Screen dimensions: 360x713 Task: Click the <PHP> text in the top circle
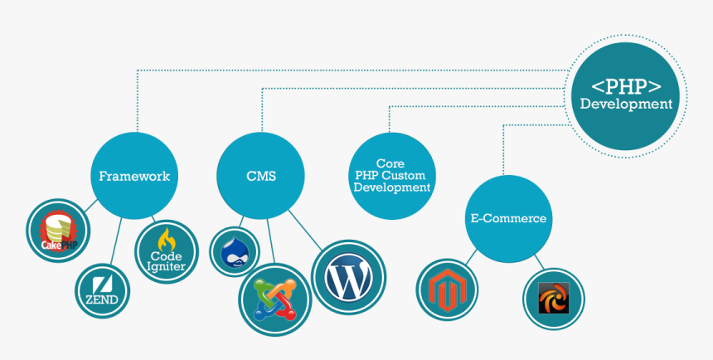[626, 85]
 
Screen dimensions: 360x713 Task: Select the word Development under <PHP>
[626, 105]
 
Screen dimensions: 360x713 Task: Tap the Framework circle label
[134, 176]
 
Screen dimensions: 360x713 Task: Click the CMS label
[261, 176]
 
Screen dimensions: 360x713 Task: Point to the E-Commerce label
[508, 219]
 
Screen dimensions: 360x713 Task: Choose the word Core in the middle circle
[391, 163]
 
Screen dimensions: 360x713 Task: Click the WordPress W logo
[348, 277]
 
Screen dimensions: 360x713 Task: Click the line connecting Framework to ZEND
[117, 241]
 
